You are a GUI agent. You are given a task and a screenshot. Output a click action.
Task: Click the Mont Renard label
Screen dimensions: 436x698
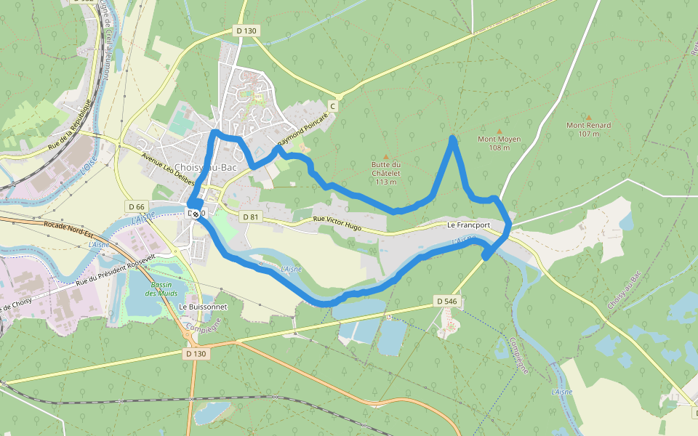588,129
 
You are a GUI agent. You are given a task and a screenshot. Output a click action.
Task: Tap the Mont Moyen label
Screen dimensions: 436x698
499,143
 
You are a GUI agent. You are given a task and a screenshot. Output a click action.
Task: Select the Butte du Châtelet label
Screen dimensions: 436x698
386,173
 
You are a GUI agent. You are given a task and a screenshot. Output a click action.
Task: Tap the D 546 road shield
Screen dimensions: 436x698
446,300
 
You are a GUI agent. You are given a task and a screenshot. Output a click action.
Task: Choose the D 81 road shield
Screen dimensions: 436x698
250,217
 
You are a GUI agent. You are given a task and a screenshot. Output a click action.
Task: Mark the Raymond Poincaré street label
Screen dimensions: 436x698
305,130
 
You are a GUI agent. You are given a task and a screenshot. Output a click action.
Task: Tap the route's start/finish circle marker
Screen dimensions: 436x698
196,213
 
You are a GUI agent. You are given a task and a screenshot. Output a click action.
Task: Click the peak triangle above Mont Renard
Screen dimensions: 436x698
588,117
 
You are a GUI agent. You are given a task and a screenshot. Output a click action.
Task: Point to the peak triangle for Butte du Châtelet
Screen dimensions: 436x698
386,156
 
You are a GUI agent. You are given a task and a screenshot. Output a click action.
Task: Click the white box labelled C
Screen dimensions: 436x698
333,106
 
